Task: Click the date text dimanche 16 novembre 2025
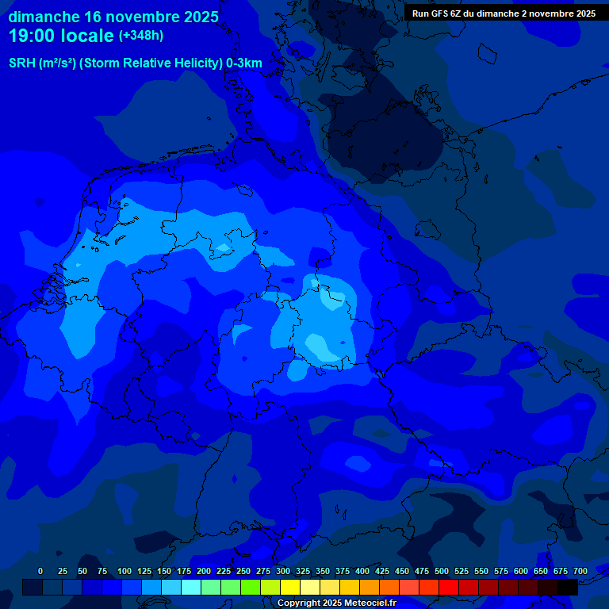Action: pos(113,17)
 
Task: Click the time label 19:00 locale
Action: pos(61,36)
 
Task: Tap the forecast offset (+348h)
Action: pos(141,36)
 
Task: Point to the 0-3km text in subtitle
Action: pos(243,63)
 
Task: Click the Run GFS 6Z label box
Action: pos(504,13)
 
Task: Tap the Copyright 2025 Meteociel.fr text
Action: pos(336,603)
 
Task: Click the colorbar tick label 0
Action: pos(40,571)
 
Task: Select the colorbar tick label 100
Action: pos(124,571)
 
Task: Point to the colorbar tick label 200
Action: pos(204,571)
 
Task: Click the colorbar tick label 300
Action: pos(283,571)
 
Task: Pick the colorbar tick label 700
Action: pos(580,571)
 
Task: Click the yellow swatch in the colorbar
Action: pos(290,587)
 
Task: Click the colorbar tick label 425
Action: pos(382,571)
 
